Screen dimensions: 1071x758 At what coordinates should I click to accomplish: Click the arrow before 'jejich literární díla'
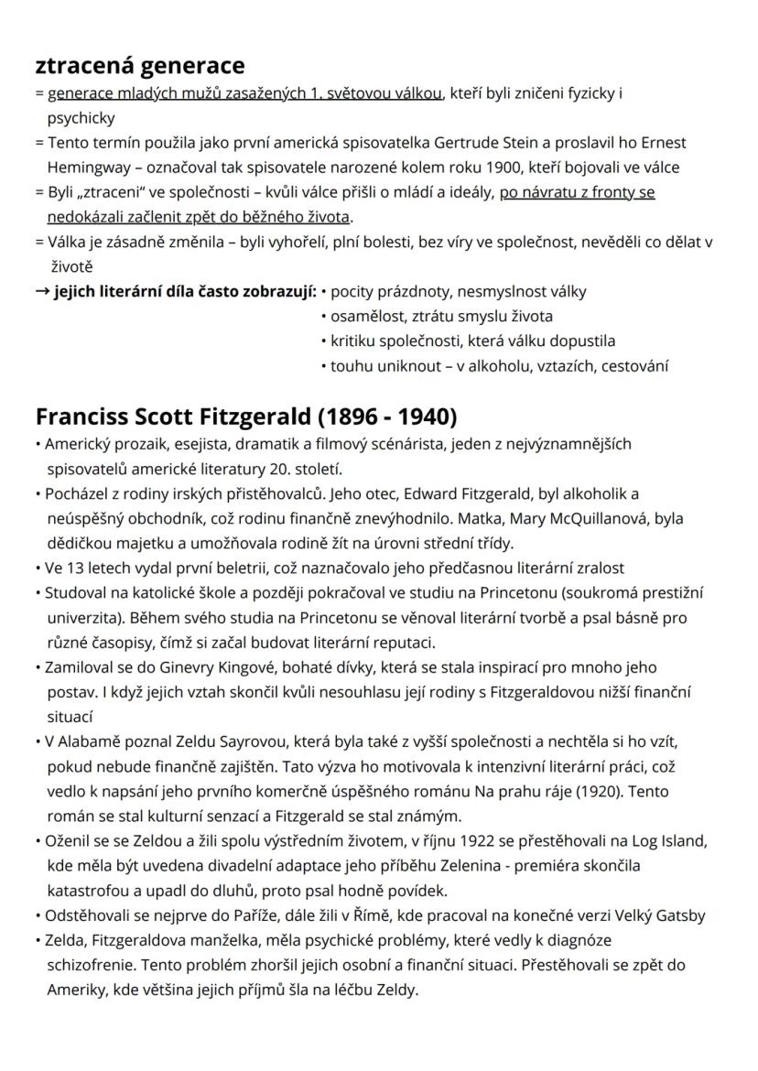coord(42,292)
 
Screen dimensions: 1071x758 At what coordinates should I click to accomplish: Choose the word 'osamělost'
coord(363,317)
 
